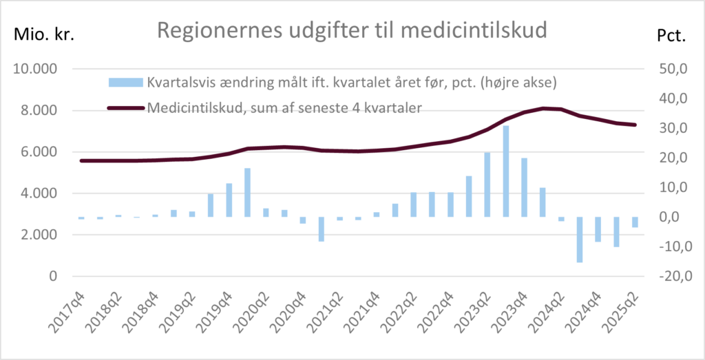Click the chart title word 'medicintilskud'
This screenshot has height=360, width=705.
(487, 31)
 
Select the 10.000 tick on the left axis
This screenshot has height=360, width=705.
(35, 70)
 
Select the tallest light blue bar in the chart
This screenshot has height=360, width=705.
(505, 171)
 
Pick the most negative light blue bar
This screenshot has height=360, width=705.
(580, 240)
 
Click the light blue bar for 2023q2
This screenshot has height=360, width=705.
(487, 184)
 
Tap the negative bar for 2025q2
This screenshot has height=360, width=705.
(635, 222)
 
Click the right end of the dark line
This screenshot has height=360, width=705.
(635, 125)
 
